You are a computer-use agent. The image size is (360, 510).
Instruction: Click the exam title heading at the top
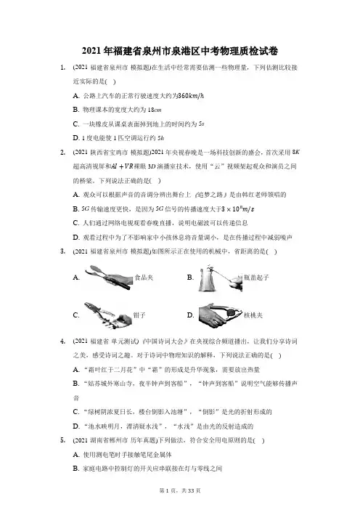[x=180, y=51]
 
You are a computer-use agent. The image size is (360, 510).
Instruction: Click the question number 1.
[x=63, y=68]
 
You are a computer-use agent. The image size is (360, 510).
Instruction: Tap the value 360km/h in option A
[x=191, y=96]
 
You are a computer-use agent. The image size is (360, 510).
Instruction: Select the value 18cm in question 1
[x=155, y=110]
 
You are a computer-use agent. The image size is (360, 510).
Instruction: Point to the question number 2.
[x=63, y=153]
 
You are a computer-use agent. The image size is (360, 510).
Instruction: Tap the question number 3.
[x=63, y=251]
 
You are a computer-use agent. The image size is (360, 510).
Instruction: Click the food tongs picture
[x=109, y=278]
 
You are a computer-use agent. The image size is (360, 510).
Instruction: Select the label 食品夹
[x=144, y=278]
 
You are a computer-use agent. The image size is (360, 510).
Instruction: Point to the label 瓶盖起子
[x=256, y=278]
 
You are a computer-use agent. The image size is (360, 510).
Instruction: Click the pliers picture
[x=108, y=315]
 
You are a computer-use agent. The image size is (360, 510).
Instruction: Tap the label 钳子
[x=139, y=315]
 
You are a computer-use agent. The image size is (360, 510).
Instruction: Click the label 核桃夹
[x=253, y=315]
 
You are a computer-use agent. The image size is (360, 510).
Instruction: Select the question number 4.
[x=63, y=341]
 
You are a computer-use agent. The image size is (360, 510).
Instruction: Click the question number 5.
[x=63, y=440]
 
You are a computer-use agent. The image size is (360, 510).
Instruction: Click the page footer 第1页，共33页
[x=180, y=490]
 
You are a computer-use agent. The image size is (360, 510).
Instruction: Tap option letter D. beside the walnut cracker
[x=190, y=315]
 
